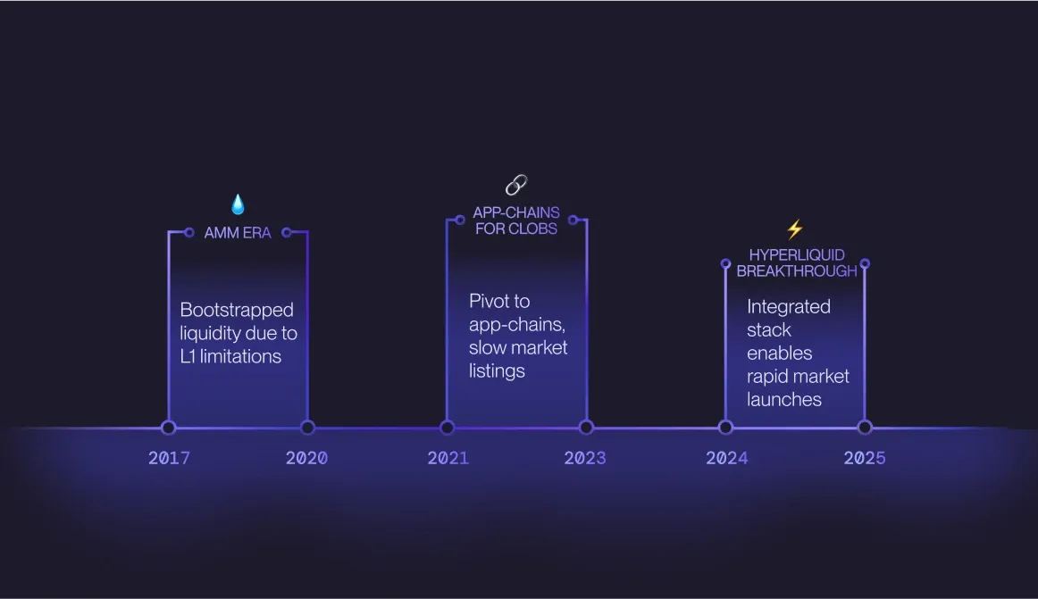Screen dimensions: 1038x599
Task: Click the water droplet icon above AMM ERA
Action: click(239, 204)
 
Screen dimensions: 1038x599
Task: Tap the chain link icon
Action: click(516, 185)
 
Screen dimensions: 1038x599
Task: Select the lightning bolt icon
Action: click(795, 229)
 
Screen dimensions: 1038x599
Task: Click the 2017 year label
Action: click(169, 458)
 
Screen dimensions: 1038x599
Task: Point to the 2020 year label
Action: click(306, 458)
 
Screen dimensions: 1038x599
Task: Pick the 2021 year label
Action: click(448, 458)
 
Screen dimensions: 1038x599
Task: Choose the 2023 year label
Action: click(585, 458)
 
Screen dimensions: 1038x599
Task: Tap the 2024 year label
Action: click(727, 458)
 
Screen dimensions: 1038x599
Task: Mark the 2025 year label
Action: click(865, 458)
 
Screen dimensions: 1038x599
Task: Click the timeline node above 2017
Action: click(169, 428)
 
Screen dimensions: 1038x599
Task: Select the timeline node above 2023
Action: click(586, 428)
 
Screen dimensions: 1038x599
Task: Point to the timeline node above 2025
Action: click(865, 428)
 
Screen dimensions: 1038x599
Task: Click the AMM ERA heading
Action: click(238, 233)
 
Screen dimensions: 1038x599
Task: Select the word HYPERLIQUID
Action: click(797, 254)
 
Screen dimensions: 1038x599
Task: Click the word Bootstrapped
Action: click(237, 310)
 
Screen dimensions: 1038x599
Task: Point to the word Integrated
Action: click(789, 306)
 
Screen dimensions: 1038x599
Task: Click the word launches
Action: click(783, 399)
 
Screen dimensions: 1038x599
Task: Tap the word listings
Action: click(497, 370)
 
